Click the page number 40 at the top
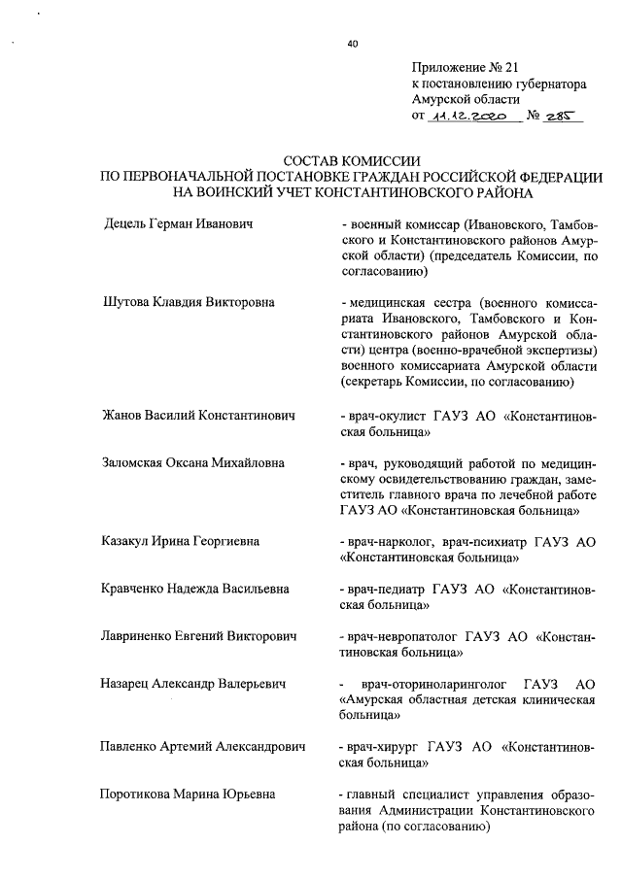pos(352,43)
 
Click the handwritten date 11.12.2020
pos(468,117)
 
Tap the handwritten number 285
pos(561,117)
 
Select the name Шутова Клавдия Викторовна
pos(189,302)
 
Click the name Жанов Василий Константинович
pos(198,416)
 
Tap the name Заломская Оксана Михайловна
pos(193,462)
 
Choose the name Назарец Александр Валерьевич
pos(192,684)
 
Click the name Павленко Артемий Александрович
pos(202,746)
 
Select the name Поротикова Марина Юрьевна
pos(189,794)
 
